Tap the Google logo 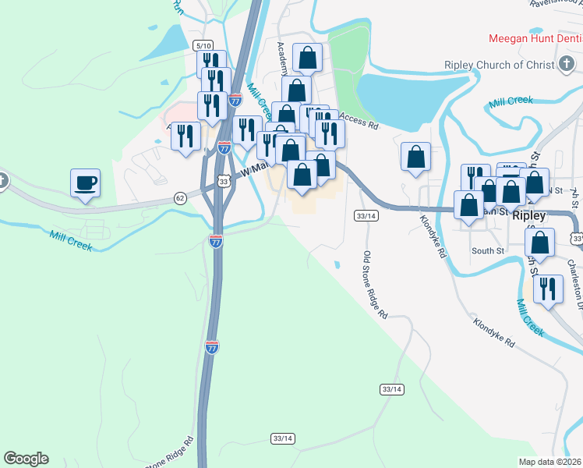coord(26,459)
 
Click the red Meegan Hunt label coord(535,37)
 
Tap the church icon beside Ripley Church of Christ coord(567,66)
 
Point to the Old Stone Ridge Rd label coord(376,285)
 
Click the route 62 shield coord(180,198)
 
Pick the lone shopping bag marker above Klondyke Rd coord(416,157)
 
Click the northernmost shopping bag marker coord(308,57)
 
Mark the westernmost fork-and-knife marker coord(185,137)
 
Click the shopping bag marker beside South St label coord(539,243)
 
